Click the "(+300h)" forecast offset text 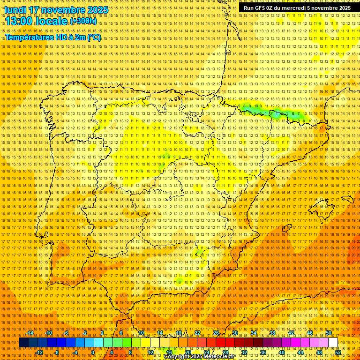tap(83, 21)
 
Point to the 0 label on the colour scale tap(93, 352)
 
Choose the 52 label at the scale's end tap(338, 352)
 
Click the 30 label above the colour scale tap(234, 333)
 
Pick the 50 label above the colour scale tap(329, 333)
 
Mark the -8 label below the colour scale tap(57, 352)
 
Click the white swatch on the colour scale tap(333, 343)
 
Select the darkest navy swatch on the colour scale tap(23, 343)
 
